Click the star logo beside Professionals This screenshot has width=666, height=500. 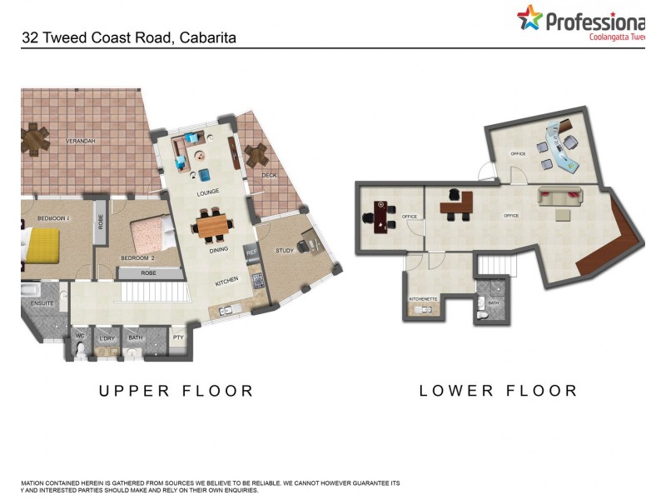click(529, 17)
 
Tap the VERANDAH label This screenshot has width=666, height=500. click(81, 141)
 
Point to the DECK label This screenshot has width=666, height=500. click(269, 175)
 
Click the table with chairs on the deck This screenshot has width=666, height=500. click(256, 154)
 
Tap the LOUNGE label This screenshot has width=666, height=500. click(207, 192)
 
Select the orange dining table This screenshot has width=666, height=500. click(211, 225)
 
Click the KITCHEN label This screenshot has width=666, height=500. click(227, 280)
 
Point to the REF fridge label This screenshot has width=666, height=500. click(250, 250)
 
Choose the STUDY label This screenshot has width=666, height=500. click(285, 250)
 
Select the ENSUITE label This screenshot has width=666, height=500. click(42, 303)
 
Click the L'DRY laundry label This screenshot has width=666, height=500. click(107, 337)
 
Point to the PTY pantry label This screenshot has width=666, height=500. click(178, 337)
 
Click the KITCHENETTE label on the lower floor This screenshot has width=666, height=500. click(423, 298)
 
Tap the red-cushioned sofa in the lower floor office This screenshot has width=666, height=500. click(561, 197)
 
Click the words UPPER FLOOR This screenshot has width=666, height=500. click(176, 390)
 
